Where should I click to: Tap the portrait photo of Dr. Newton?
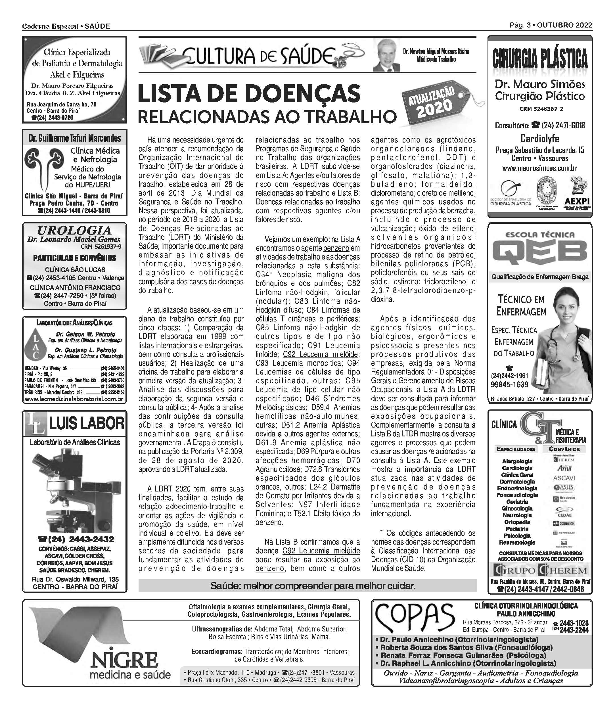(x=387, y=55)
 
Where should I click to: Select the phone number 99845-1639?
(x=509, y=385)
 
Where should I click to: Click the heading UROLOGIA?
(x=74, y=230)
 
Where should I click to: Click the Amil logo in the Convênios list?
(x=564, y=469)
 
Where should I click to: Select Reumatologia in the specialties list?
(x=517, y=543)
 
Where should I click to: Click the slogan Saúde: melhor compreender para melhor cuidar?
(x=313, y=586)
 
